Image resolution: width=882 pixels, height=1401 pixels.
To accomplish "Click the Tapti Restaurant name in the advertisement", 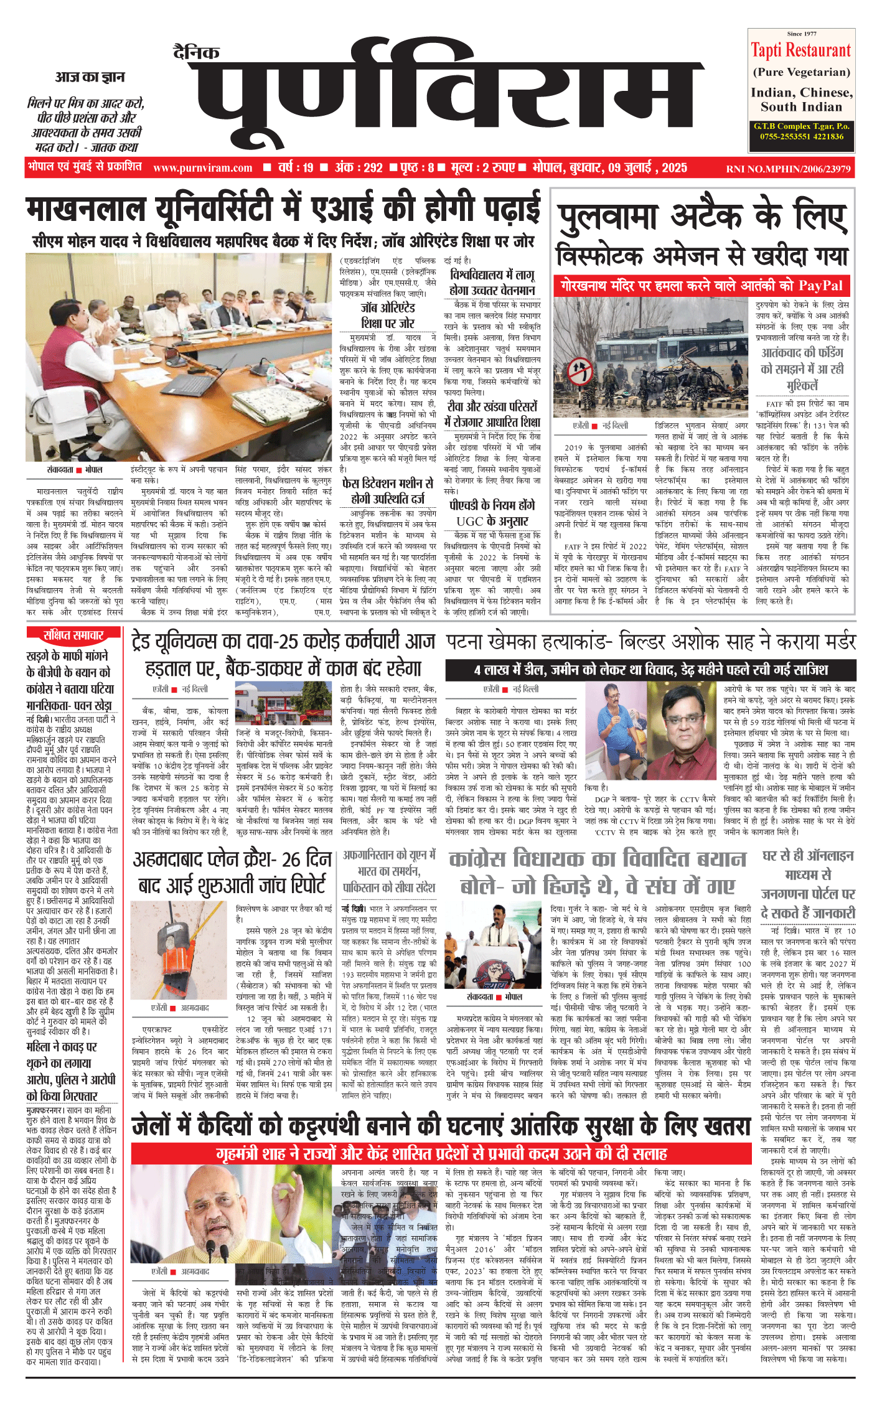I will click(800, 50).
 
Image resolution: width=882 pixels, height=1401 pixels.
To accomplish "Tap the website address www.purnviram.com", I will click(202, 168).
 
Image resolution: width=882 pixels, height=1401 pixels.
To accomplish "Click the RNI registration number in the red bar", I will click(788, 169).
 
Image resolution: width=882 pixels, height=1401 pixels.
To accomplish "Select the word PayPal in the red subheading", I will click(820, 286).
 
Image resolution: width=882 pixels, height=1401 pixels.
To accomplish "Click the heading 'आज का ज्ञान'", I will click(90, 77).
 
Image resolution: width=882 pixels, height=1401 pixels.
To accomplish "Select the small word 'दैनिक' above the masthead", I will click(196, 53).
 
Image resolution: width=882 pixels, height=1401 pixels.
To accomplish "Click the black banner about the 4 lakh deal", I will click(650, 670).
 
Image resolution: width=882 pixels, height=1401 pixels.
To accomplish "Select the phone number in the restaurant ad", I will click(802, 136).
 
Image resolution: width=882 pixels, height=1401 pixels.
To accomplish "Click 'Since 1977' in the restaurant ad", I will click(802, 34).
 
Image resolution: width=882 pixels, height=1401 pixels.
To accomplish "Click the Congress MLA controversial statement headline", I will click(598, 872).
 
